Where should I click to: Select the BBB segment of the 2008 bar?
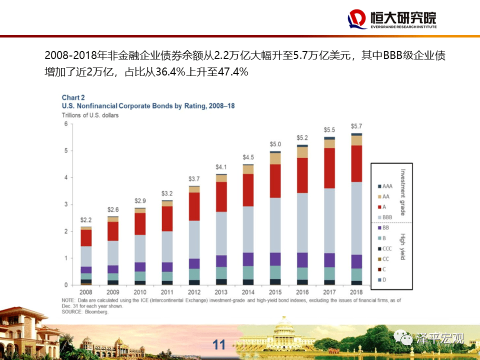pyautogui.click(x=86, y=256)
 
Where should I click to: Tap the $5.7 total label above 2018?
pyautogui.click(x=356, y=126)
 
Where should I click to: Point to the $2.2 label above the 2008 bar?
pyautogui.click(x=86, y=220)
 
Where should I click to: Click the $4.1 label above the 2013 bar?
pyautogui.click(x=221, y=166)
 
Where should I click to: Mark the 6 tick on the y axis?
pyautogui.click(x=65, y=124)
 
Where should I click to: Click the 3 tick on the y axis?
pyautogui.click(x=65, y=204)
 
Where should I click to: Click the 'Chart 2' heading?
pyautogui.click(x=73, y=97)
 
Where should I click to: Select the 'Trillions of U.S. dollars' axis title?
pyautogui.click(x=90, y=115)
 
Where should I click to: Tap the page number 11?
pyautogui.click(x=219, y=344)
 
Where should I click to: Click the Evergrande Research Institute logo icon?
pyautogui.click(x=357, y=19)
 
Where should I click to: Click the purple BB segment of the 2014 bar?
pyautogui.click(x=248, y=259)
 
